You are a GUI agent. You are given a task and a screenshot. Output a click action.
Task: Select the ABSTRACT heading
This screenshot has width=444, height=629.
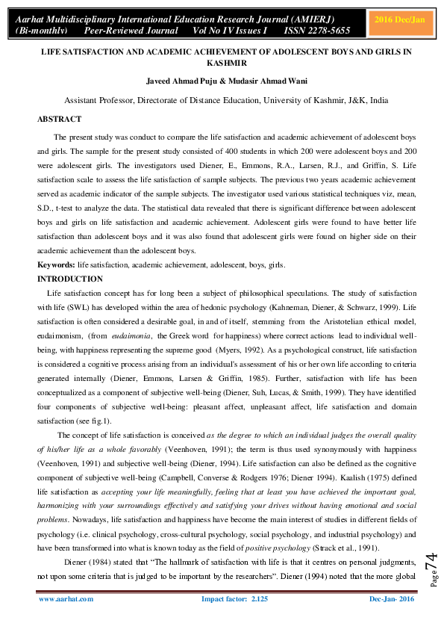click(60, 119)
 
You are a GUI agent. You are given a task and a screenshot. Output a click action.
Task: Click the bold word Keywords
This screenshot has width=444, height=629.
click(56, 266)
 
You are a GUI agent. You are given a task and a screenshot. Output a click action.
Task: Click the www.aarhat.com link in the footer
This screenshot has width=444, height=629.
click(66, 598)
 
